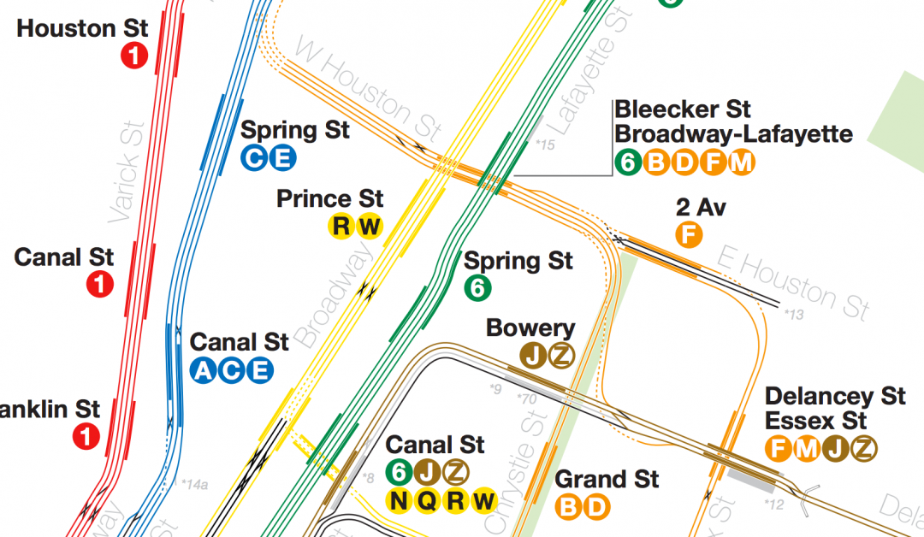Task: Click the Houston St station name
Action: click(82, 28)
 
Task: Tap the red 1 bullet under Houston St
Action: click(134, 56)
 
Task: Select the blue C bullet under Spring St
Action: click(253, 158)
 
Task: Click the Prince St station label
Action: click(329, 199)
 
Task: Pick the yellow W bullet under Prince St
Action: click(370, 227)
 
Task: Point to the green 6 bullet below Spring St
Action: click(477, 289)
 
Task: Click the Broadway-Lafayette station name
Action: click(733, 134)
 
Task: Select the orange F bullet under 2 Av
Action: click(688, 234)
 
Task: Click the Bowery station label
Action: click(530, 328)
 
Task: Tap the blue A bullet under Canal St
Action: click(203, 370)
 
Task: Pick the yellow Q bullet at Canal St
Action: click(428, 500)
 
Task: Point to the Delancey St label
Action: click(835, 396)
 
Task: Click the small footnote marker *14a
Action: click(194, 485)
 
